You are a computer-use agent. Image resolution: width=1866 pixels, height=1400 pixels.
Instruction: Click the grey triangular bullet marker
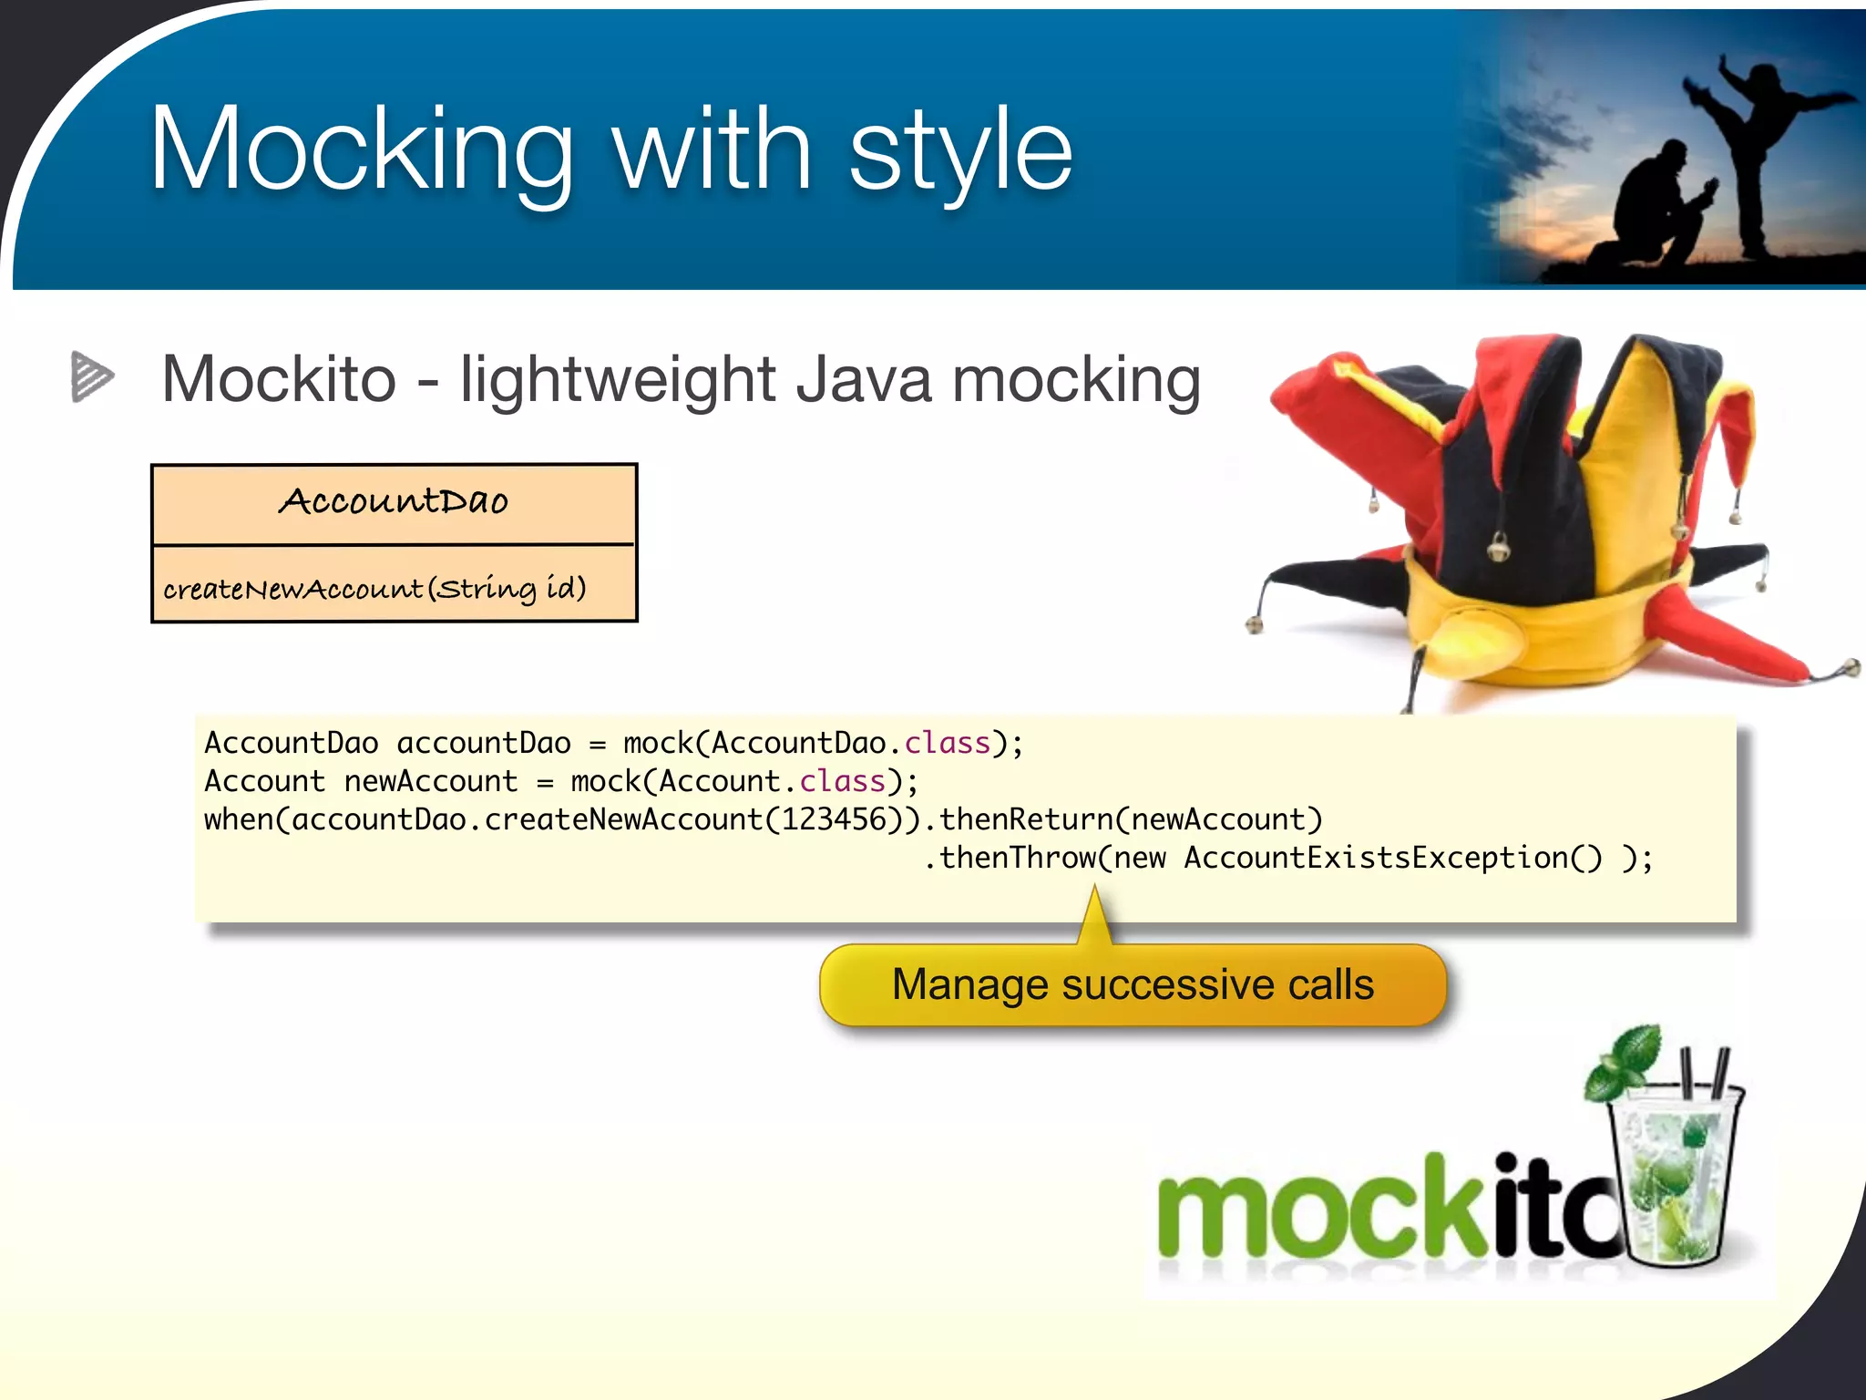point(91,376)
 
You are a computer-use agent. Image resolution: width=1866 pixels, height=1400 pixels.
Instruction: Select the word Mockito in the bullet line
point(279,379)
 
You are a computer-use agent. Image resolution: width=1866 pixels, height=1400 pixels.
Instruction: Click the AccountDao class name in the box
point(393,501)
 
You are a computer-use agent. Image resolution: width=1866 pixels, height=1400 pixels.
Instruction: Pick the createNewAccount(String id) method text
point(374,588)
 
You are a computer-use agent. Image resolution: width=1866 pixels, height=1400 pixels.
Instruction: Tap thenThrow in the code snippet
point(1017,858)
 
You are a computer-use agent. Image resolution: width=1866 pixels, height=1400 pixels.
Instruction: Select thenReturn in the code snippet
point(1026,819)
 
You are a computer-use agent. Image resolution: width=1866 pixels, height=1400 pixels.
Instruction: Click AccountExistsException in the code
point(1376,858)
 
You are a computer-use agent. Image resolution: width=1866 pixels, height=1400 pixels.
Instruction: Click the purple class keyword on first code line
point(946,743)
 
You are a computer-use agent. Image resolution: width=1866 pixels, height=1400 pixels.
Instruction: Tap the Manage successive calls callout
point(1132,984)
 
